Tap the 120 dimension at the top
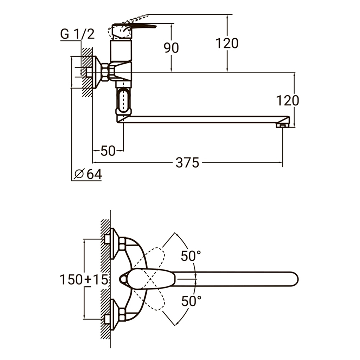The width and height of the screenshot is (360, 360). tap(227, 43)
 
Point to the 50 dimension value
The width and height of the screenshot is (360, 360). tap(108, 151)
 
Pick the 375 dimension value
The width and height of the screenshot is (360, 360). tap(187, 163)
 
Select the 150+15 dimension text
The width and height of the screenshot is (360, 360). tap(83, 280)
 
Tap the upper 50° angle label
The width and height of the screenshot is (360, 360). tap(191, 256)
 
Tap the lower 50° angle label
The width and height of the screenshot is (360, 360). tap(192, 301)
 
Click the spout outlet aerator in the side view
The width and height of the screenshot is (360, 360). tap(282, 124)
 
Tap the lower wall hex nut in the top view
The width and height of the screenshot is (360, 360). tap(122, 314)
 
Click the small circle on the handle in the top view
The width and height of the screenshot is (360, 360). tap(123, 279)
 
